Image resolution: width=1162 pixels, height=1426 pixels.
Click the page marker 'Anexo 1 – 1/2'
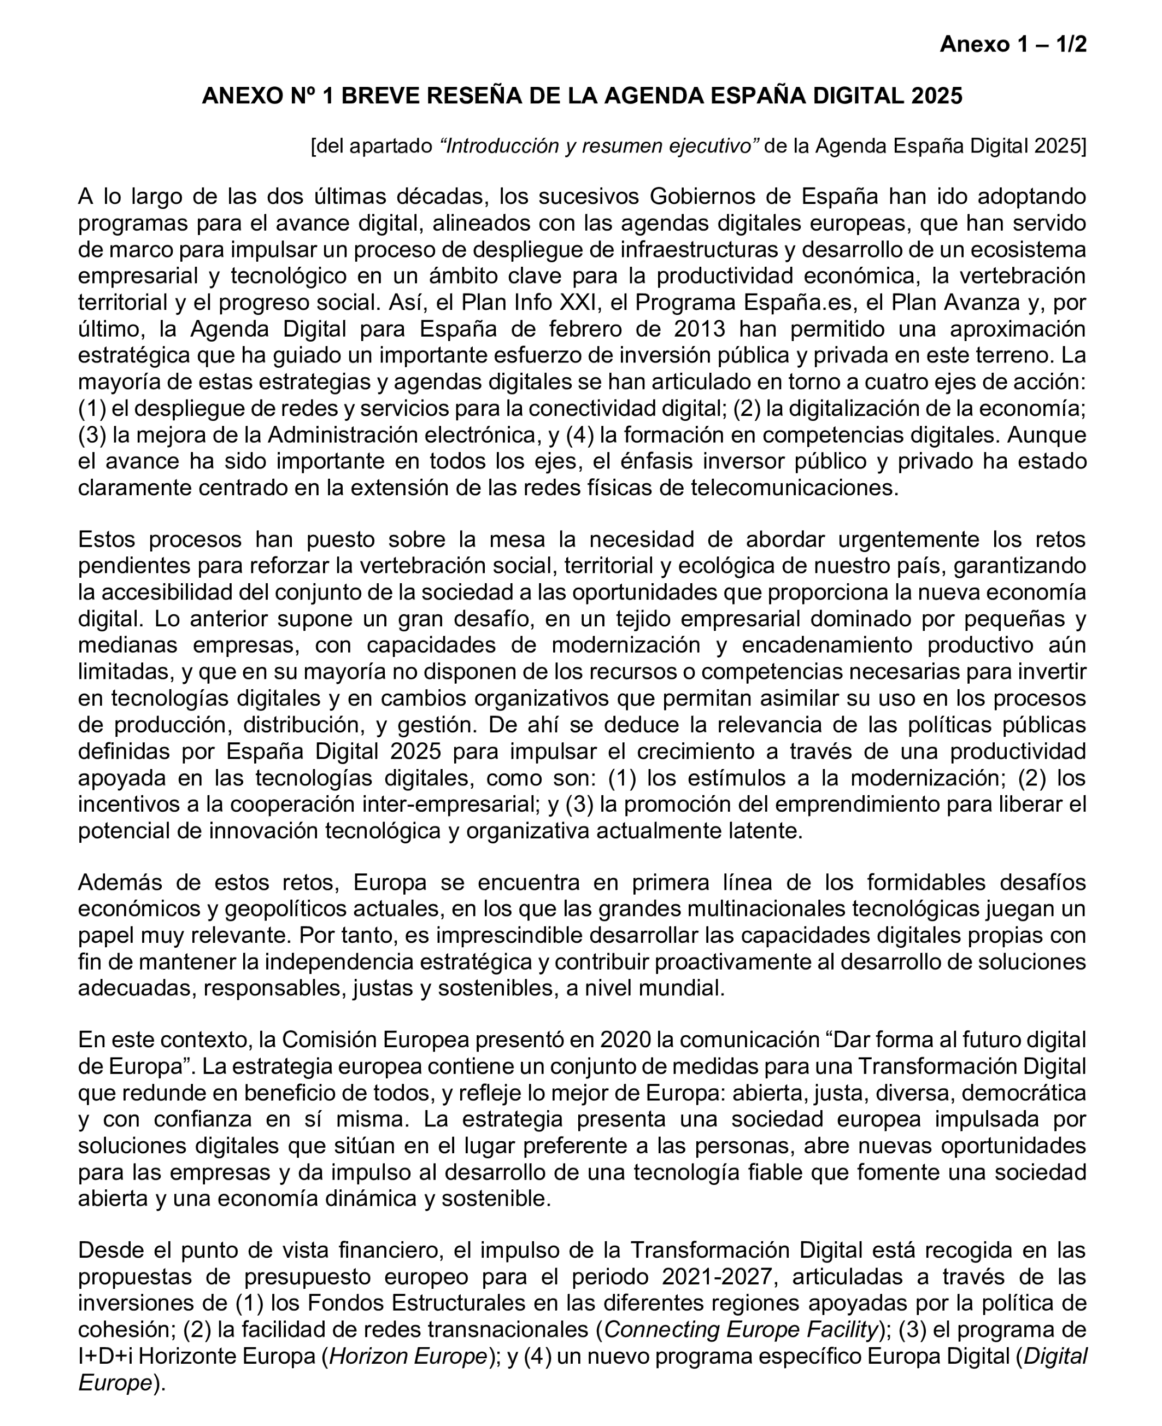[1013, 44]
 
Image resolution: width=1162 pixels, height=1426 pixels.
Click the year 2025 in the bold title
[936, 96]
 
